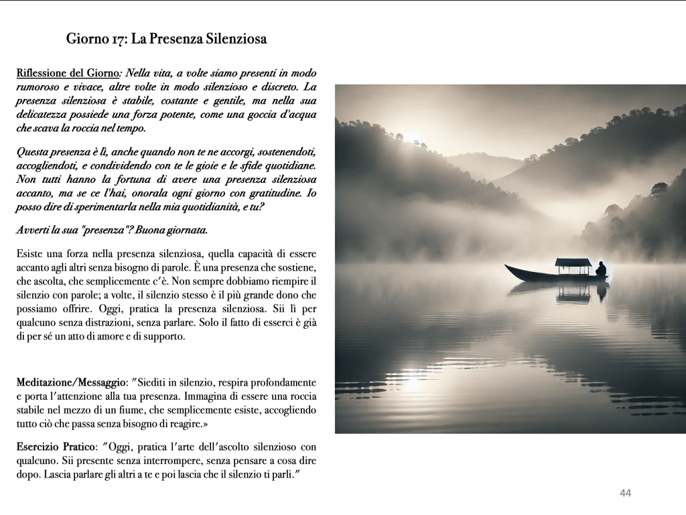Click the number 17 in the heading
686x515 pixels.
[117, 39]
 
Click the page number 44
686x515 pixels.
[626, 494]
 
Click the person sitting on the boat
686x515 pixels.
[601, 269]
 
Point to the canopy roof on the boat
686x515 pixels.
[573, 262]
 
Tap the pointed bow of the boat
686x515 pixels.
[508, 268]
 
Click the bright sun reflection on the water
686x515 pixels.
[413, 383]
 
